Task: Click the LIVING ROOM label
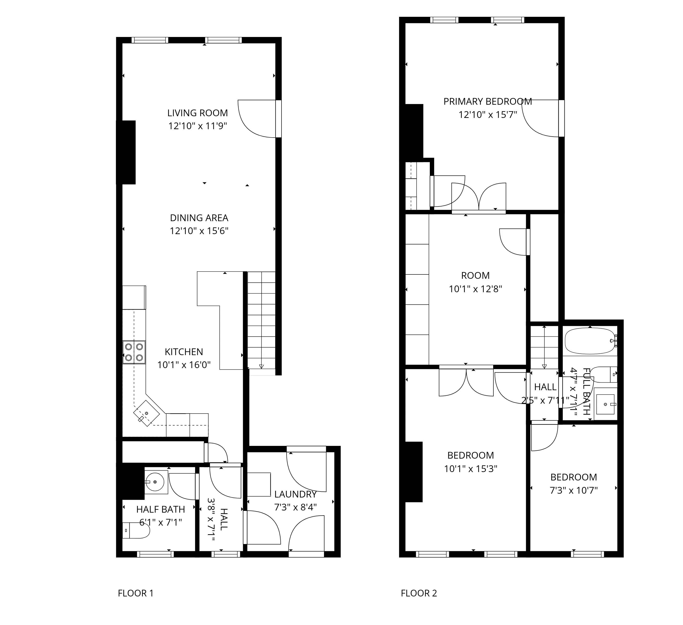[x=198, y=113]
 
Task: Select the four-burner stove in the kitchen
[x=134, y=352]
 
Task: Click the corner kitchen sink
[x=146, y=413]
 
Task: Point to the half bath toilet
[x=136, y=530]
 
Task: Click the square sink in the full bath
[x=605, y=404]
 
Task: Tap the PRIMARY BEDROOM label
[x=487, y=101]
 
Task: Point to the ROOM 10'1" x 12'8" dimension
[x=475, y=289]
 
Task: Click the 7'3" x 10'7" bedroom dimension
[x=574, y=491]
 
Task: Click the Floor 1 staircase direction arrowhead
[x=261, y=366]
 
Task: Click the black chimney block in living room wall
[x=126, y=152]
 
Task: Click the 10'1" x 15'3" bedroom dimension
[x=471, y=469]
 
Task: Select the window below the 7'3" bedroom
[x=587, y=554]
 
